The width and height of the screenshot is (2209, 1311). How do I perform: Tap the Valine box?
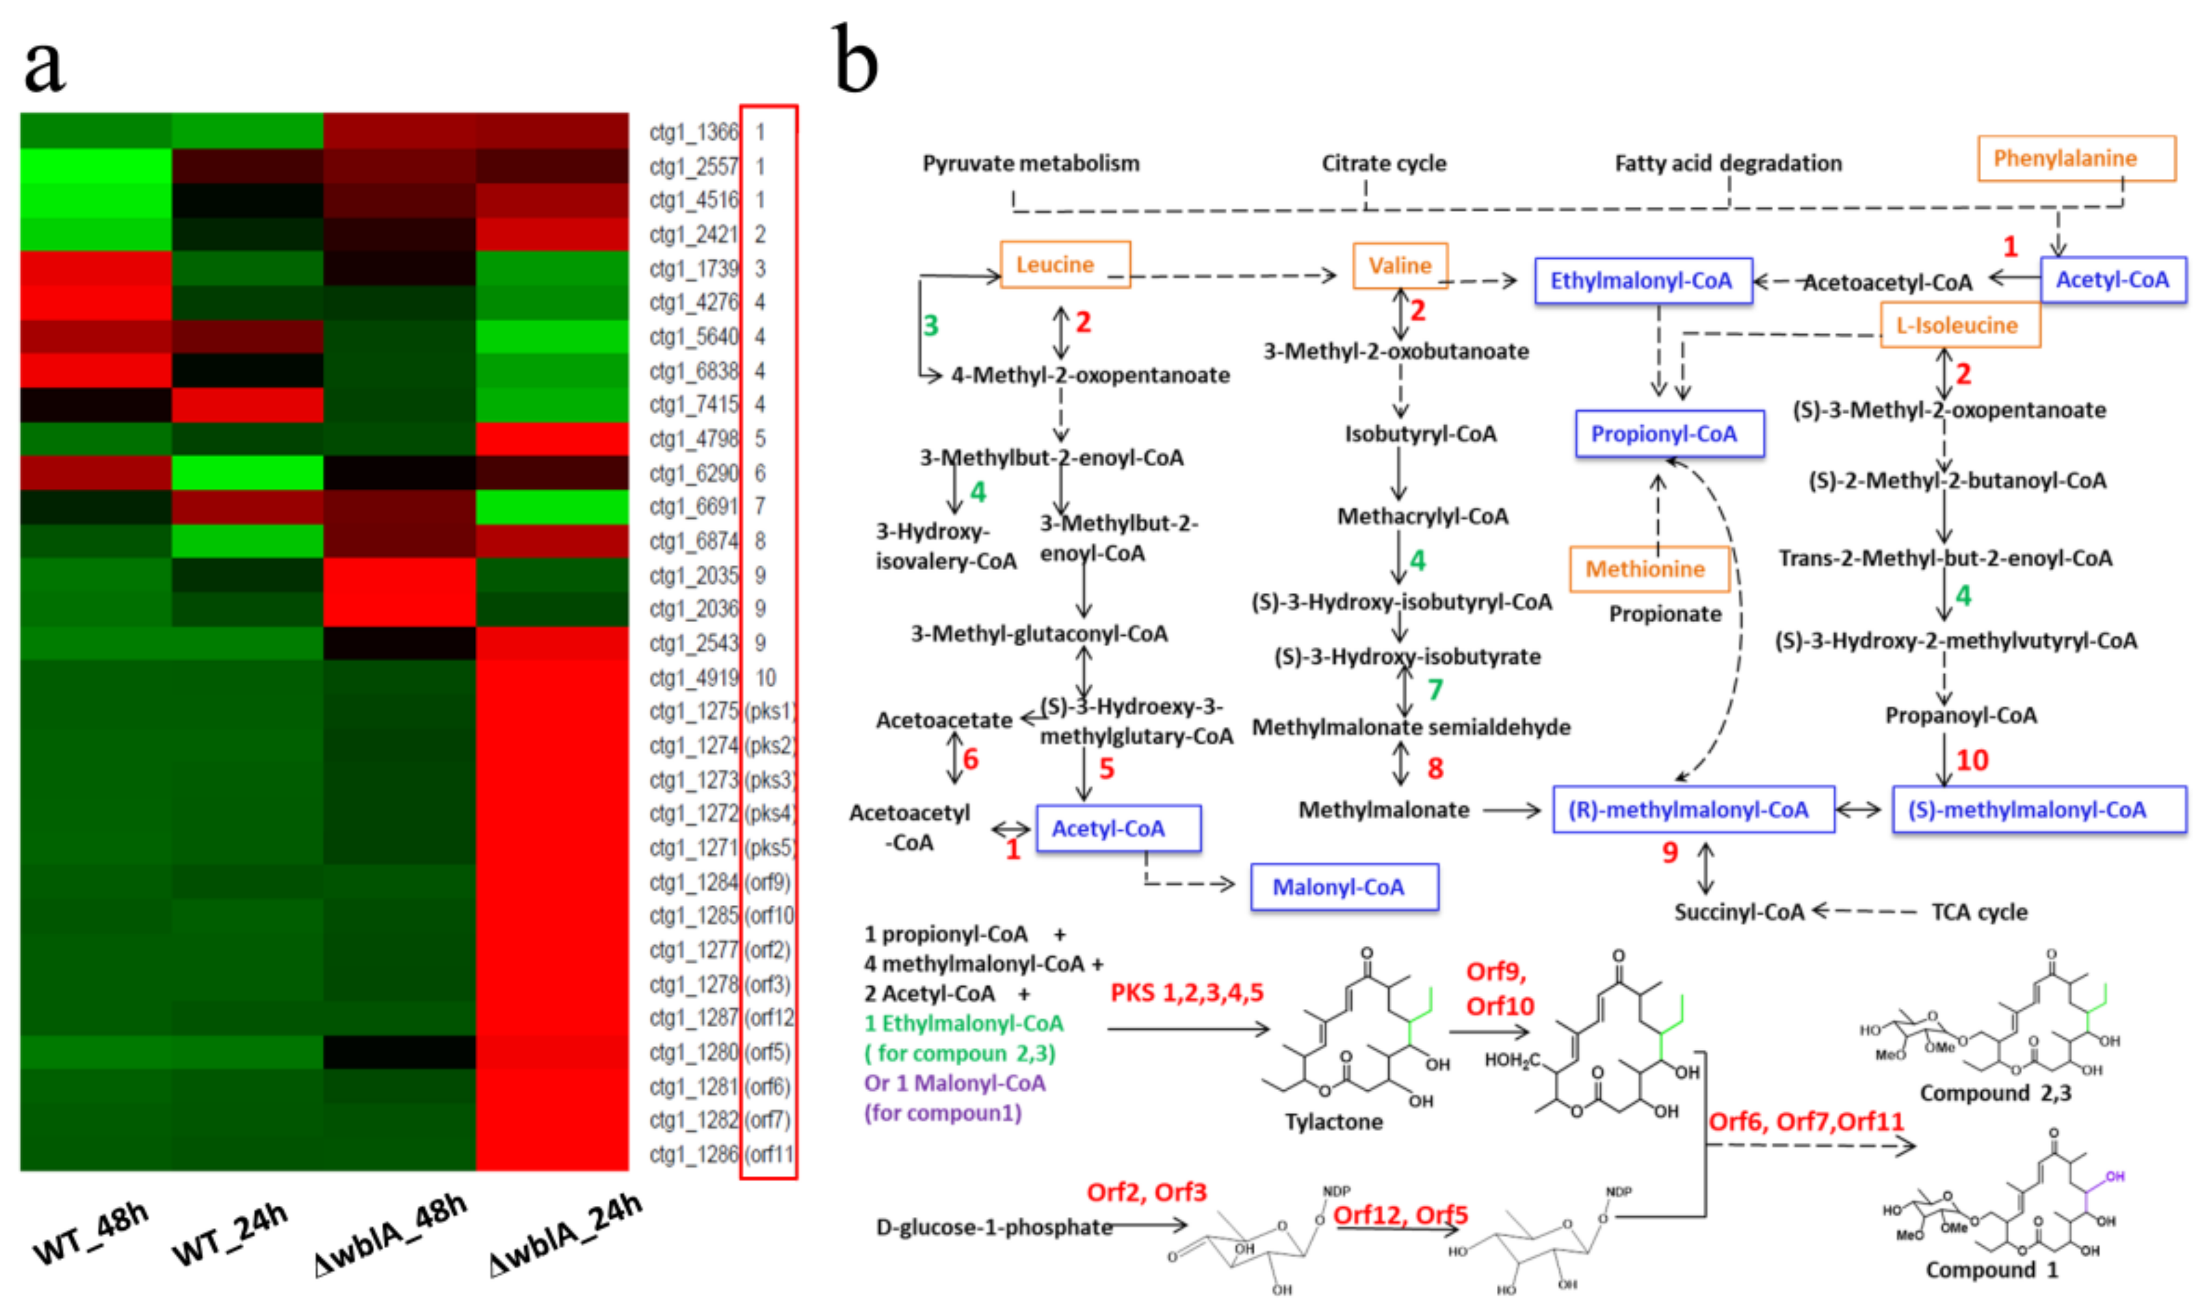point(1400,265)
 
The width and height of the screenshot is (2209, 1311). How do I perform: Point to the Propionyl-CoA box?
point(1669,433)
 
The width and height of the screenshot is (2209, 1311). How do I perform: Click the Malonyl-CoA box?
point(1343,887)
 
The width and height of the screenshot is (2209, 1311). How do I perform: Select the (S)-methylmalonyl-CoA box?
point(2038,809)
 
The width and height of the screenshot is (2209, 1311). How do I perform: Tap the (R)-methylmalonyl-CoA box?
point(1693,809)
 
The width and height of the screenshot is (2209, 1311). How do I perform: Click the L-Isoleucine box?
point(1959,325)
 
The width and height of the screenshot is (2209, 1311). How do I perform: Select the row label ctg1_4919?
point(693,678)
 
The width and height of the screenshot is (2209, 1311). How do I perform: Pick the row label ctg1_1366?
point(693,133)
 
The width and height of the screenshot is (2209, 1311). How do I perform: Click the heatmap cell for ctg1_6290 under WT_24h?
point(247,473)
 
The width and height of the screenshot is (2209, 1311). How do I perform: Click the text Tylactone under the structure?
point(1334,1122)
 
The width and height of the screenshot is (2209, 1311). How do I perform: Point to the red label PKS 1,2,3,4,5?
point(1186,993)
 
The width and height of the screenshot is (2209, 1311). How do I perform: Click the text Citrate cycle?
point(1383,164)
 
